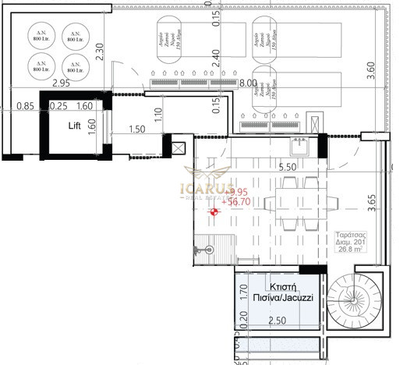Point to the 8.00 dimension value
pos(249,82)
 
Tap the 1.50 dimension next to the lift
pos(137,129)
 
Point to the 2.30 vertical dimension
pos(100,51)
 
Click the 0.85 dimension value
pos(24,107)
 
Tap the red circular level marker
pos(216,211)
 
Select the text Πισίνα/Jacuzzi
pos(278,288)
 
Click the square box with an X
pos(178,147)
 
